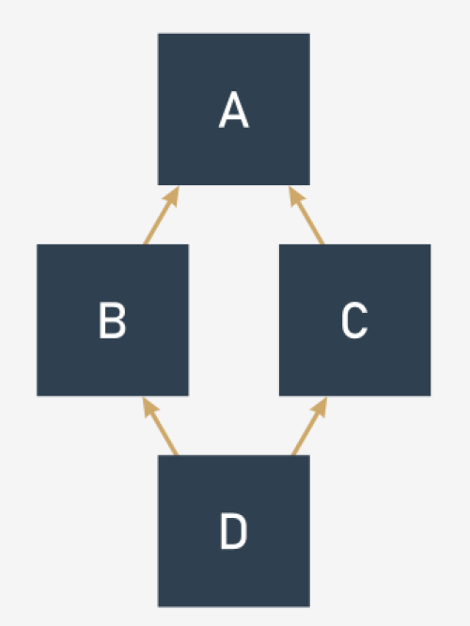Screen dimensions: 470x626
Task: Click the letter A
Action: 234,110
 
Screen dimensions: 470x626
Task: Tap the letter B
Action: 113,321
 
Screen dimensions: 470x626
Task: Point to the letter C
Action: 354,321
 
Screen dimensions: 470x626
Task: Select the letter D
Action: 234,531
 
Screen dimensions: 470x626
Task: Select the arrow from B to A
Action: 162,215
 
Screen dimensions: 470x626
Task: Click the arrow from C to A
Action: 306,215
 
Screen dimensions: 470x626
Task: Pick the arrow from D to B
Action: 160,426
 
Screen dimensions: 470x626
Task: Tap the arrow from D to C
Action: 309,426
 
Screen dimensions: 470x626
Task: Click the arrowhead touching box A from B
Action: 173,196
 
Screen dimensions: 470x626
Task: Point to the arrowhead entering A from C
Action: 295,196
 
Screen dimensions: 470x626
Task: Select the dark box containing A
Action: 234,109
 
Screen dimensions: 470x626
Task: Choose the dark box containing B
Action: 113,321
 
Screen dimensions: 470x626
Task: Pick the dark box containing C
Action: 355,321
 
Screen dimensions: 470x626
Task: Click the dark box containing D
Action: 234,531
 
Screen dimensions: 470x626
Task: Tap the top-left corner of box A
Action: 158,34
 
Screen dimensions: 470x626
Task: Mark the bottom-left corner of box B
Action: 37,396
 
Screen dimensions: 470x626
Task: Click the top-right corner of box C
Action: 431,244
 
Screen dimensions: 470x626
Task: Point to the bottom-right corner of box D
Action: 310,607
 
